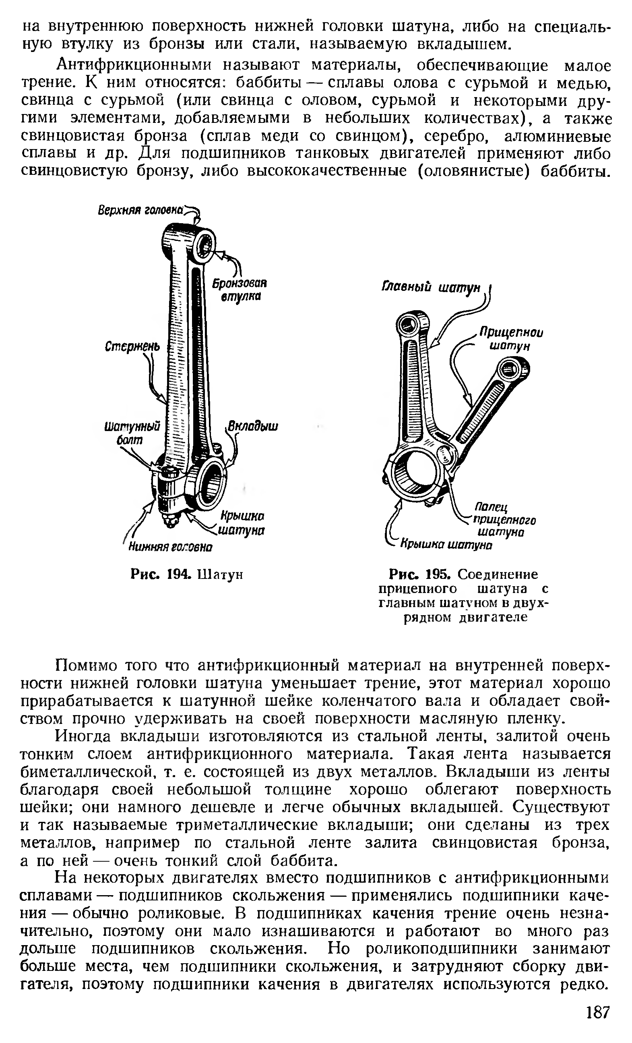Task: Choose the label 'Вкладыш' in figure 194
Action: coord(253,426)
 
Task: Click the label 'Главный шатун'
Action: coord(432,287)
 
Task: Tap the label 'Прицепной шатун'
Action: coord(510,339)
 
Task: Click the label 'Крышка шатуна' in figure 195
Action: coord(446,545)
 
